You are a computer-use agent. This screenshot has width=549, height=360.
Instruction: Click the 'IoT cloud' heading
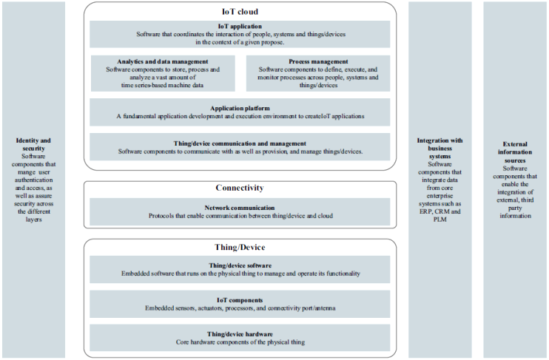coord(240,12)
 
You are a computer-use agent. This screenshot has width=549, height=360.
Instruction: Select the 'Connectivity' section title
coord(240,188)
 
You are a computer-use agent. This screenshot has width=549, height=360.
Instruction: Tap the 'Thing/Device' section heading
coord(240,248)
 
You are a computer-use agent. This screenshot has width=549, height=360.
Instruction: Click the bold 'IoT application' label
coord(240,26)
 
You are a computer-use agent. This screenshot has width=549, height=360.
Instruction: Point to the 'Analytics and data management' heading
coord(163,61)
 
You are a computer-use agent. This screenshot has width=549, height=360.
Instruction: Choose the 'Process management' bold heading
coord(318,61)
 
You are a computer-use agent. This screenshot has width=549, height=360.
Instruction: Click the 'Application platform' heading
coord(240,109)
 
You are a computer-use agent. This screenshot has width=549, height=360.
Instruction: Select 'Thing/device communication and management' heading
coord(240,143)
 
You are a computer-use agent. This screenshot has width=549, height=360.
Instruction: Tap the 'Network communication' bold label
coord(240,208)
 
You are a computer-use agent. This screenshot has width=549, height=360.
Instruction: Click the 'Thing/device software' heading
coord(240,265)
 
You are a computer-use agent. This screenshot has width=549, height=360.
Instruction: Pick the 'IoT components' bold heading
coord(240,300)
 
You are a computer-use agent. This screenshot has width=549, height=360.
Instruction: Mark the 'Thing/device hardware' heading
coord(240,334)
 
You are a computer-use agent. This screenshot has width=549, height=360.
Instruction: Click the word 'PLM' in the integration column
coord(440,220)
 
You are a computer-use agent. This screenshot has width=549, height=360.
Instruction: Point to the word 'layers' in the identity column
coord(33,220)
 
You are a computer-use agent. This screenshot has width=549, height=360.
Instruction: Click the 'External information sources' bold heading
coord(515,152)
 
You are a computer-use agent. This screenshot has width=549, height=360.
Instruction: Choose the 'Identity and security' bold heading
coord(33,144)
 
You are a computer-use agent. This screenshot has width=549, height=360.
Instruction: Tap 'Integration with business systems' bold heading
coord(439,149)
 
